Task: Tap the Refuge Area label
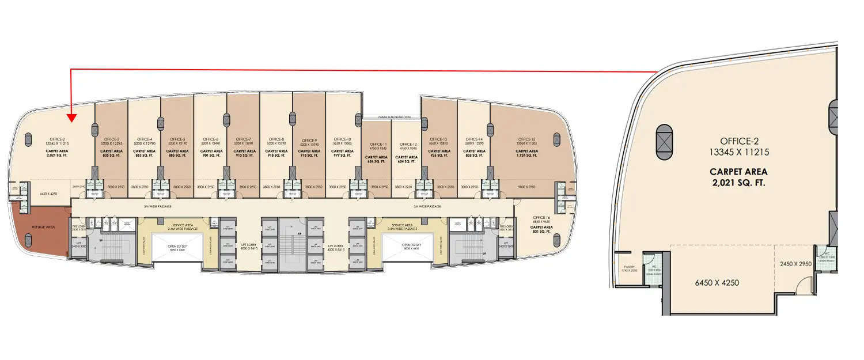click(x=44, y=228)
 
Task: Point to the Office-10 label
click(x=342, y=139)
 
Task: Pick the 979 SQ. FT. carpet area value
click(x=342, y=155)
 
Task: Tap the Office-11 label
click(x=377, y=144)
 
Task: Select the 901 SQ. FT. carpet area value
click(x=210, y=155)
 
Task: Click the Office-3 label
click(x=112, y=139)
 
